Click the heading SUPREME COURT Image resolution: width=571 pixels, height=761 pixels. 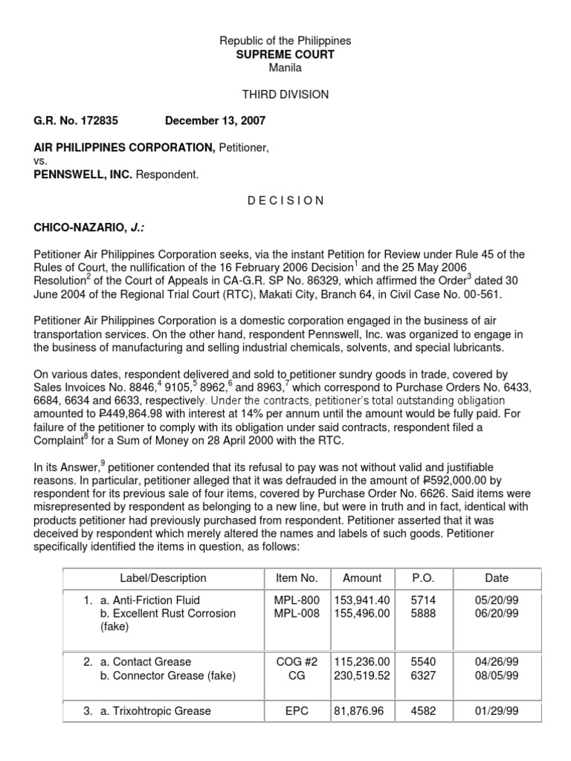[285, 54]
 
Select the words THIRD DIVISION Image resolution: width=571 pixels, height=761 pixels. [285, 94]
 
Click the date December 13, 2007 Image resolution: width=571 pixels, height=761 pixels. [216, 120]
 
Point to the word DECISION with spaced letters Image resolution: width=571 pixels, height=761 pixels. [285, 200]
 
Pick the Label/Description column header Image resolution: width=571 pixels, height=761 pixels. [163, 577]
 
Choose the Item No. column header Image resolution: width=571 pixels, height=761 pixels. [296, 577]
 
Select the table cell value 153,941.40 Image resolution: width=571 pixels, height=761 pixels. [362, 600]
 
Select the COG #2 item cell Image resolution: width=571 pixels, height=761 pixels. [296, 661]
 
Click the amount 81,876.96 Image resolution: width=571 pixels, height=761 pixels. [360, 710]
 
